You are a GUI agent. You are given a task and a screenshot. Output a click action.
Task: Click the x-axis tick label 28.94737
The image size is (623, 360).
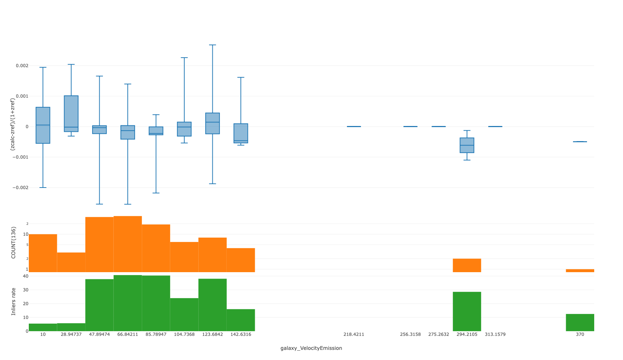click(71, 334)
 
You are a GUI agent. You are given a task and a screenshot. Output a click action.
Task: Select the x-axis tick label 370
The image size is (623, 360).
click(580, 334)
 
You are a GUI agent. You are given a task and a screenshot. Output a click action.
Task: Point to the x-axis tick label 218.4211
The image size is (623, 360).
click(354, 334)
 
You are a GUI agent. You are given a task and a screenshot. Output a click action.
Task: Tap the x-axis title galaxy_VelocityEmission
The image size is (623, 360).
click(311, 348)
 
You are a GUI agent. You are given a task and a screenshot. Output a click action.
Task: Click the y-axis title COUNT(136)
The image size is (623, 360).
click(14, 242)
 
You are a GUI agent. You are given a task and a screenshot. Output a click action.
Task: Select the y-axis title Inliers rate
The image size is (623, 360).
click(14, 302)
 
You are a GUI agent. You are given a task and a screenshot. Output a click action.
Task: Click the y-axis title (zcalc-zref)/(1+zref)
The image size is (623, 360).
click(13, 124)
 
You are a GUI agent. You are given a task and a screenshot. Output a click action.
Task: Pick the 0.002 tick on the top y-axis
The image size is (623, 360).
click(22, 66)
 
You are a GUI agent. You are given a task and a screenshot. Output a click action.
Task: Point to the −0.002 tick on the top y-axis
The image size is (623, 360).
click(21, 188)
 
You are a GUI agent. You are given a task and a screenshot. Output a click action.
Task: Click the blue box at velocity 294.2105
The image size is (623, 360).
click(467, 145)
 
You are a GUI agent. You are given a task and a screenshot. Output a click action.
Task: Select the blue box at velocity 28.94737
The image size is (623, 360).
click(71, 113)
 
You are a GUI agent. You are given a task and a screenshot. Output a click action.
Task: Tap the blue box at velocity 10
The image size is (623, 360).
click(43, 125)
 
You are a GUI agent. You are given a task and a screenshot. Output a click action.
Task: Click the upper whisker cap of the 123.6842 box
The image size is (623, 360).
click(212, 45)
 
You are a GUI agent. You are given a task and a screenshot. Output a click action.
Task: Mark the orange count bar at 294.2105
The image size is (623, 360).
click(467, 265)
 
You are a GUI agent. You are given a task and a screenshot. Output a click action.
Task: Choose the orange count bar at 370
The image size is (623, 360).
click(580, 271)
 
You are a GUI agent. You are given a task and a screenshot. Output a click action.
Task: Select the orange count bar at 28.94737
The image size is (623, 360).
click(71, 262)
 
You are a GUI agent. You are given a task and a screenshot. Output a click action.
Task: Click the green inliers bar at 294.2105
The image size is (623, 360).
click(467, 311)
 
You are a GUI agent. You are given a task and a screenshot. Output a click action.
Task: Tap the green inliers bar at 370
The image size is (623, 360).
click(580, 323)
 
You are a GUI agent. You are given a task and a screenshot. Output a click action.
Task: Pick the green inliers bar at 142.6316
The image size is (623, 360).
click(241, 320)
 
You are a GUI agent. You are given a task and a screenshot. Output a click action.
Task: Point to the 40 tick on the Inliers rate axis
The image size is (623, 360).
click(26, 276)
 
